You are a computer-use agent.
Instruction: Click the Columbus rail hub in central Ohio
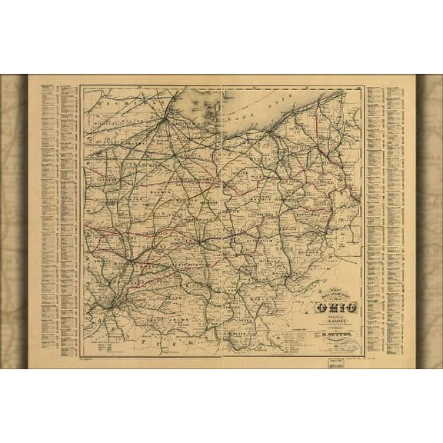(202, 241)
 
